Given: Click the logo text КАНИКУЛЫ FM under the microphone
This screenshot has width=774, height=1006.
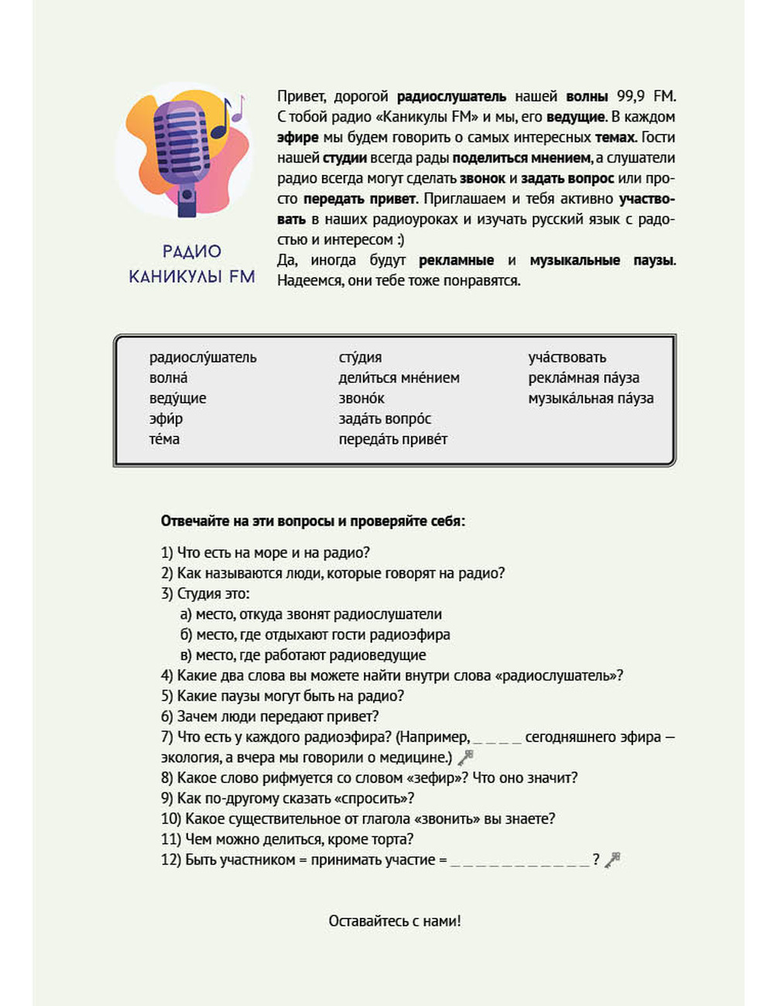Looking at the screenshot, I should [x=192, y=276].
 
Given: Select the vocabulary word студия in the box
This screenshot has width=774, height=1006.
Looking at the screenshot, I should [x=360, y=358].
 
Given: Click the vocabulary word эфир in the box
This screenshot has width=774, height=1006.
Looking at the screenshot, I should [x=166, y=419].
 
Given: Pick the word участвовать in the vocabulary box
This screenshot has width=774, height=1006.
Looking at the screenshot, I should [x=567, y=358].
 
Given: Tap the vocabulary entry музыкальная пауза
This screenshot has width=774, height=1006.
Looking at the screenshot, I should [x=591, y=399].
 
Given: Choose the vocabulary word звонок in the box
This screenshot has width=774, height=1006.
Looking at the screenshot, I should [x=361, y=399].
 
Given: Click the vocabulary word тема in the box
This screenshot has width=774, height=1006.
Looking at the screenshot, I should [x=164, y=440].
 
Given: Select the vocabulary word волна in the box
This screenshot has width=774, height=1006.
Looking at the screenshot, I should [x=168, y=378].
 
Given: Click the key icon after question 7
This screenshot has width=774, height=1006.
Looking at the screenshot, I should [x=465, y=758].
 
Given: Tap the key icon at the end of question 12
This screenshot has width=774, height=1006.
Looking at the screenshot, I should [x=613, y=860].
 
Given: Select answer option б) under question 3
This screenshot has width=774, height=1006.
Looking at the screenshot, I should [x=315, y=635].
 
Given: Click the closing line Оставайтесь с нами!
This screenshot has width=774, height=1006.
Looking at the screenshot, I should [x=395, y=921].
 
